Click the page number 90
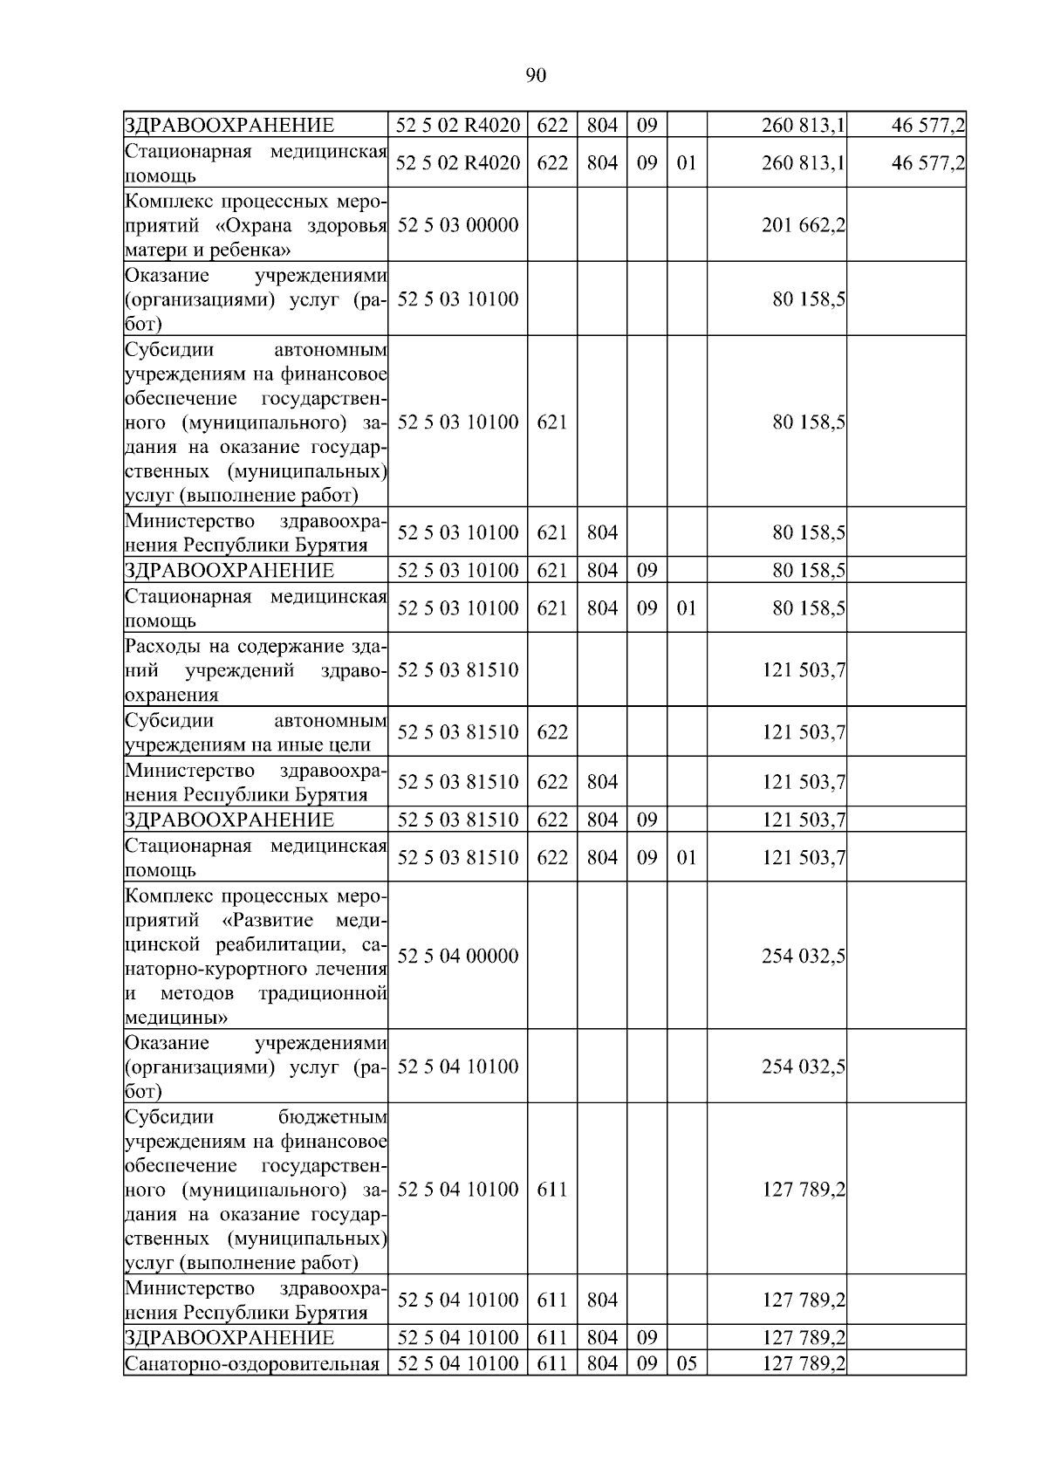click(x=536, y=76)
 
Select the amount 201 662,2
click(x=803, y=225)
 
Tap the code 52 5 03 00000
click(x=458, y=225)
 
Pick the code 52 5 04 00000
click(x=458, y=956)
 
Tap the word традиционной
click(x=322, y=993)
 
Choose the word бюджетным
click(x=332, y=1116)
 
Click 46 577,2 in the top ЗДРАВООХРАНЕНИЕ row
click(x=927, y=126)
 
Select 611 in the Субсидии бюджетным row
click(x=551, y=1190)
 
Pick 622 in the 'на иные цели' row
click(x=551, y=732)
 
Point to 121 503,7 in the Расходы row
click(x=803, y=670)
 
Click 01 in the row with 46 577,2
click(x=687, y=163)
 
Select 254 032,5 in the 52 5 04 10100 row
click(x=803, y=1067)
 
